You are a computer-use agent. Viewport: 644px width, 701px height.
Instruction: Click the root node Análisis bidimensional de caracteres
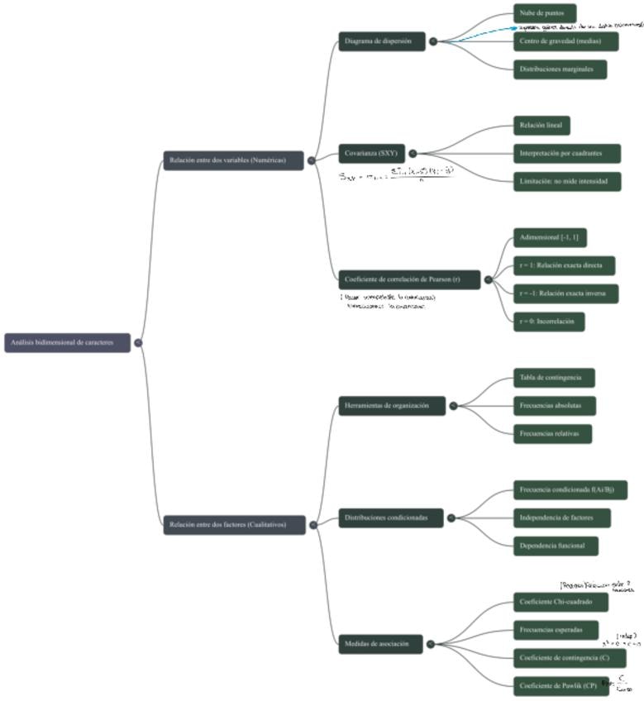67,342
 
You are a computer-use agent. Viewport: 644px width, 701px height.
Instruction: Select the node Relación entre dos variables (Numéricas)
234,160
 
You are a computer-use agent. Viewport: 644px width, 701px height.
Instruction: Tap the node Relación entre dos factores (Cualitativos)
234,524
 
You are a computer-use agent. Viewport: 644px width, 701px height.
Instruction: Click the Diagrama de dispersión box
381,41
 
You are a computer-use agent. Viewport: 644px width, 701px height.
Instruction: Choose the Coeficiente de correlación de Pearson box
408,279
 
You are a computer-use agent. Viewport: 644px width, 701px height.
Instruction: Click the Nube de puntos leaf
541,13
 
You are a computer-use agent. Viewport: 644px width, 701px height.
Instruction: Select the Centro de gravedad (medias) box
559,41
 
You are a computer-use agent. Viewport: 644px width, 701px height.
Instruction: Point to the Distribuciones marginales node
560,69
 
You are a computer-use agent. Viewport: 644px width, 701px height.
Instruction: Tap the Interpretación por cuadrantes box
565,154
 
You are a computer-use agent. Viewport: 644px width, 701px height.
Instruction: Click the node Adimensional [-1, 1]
548,238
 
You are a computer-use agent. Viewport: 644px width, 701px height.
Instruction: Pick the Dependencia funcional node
555,546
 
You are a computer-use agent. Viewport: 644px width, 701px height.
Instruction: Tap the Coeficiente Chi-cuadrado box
560,602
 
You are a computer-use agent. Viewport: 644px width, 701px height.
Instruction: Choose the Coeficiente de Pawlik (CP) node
560,685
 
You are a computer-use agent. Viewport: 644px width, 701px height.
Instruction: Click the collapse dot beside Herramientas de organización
454,405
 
